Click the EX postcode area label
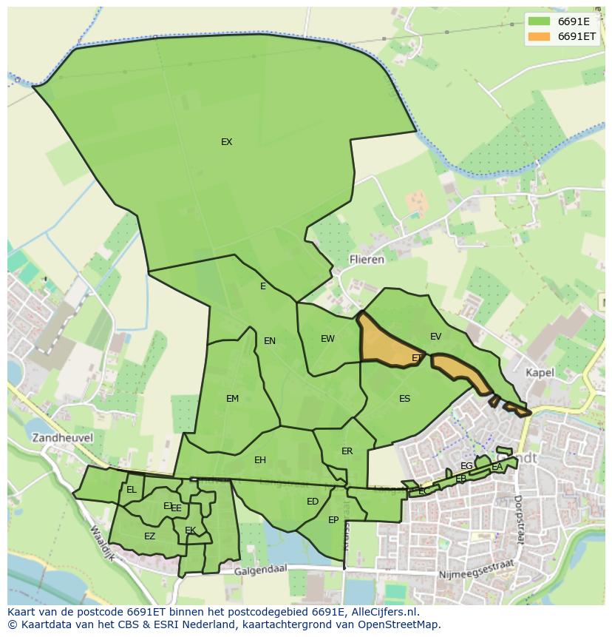pyautogui.click(x=226, y=142)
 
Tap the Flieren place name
pyautogui.click(x=367, y=260)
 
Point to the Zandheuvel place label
pyautogui.click(x=62, y=437)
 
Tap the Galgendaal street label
pyautogui.click(x=260, y=571)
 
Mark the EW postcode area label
pyautogui.click(x=327, y=339)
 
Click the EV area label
pyautogui.click(x=435, y=337)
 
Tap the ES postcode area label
pyautogui.click(x=404, y=399)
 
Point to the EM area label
pyautogui.click(x=232, y=399)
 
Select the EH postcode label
pyautogui.click(x=259, y=460)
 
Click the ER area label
pyautogui.click(x=347, y=451)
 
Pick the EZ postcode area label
pyautogui.click(x=149, y=536)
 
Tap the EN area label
pyautogui.click(x=270, y=341)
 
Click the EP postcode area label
pyautogui.click(x=333, y=520)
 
